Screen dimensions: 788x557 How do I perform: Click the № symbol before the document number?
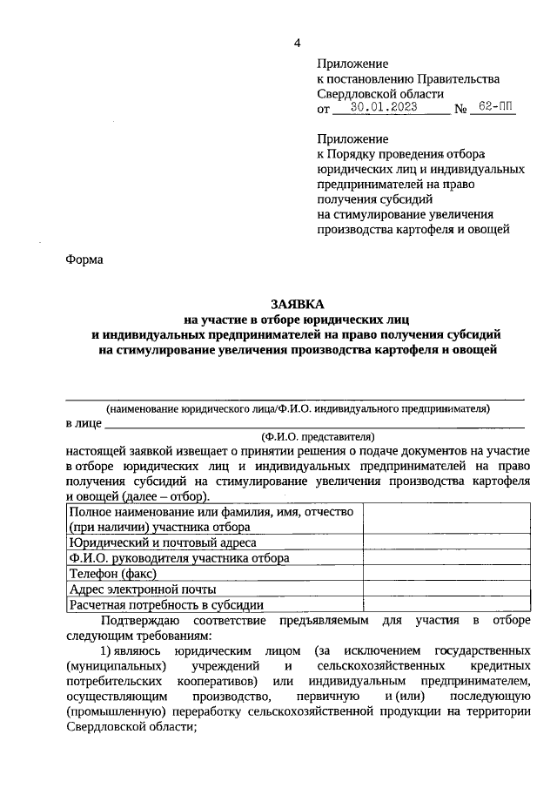pyautogui.click(x=462, y=110)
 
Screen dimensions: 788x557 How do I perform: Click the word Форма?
pyautogui.click(x=84, y=259)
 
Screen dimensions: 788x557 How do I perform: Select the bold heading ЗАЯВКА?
pyautogui.click(x=297, y=304)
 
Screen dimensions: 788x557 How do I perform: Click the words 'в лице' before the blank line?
pyautogui.click(x=84, y=423)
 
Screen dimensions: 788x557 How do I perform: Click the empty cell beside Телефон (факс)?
pyautogui.click(x=446, y=573)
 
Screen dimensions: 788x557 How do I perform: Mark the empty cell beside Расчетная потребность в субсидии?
pyautogui.click(x=446, y=604)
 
